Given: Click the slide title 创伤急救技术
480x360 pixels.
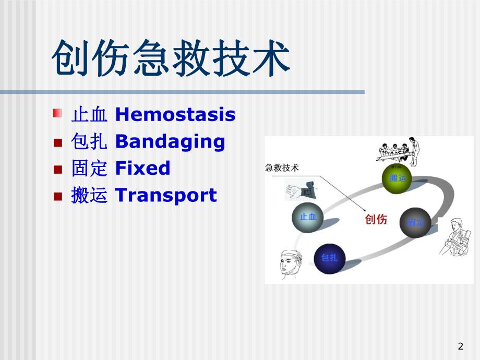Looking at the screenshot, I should coord(171,58).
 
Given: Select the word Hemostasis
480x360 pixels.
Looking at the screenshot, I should coord(175,114).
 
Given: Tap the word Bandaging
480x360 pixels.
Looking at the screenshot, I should coord(170,141).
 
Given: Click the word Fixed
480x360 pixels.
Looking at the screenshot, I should coord(142,169).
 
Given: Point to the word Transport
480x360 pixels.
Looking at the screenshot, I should coord(165,196).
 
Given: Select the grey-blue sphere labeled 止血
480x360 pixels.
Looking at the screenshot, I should coord(308,217).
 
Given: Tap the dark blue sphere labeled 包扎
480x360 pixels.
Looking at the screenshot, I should coord(329,258).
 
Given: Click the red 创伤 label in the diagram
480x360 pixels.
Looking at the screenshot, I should coord(376,220).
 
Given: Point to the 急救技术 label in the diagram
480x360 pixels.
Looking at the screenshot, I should coord(282,168).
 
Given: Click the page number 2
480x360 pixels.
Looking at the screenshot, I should coord(460,346).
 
